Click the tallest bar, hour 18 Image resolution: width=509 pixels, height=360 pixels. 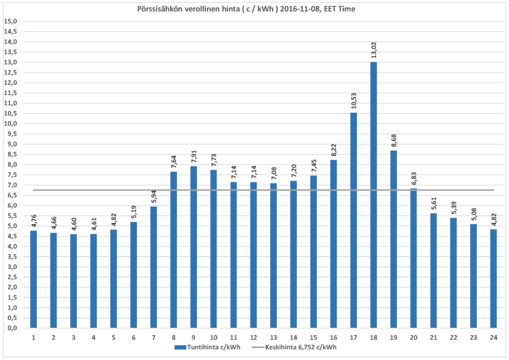(373, 195)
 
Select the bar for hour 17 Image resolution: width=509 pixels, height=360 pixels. (353, 220)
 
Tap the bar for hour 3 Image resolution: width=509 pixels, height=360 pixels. (74, 281)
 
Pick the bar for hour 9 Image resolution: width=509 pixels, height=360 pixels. (193, 247)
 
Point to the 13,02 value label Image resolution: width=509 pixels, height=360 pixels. (374, 49)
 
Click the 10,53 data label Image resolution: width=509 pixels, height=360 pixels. (354, 100)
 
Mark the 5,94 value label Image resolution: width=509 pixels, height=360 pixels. (154, 196)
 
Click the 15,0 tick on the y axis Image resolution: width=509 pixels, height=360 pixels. (11, 22)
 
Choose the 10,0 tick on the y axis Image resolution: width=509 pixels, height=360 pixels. (11, 123)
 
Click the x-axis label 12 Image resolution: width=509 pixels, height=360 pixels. (253, 337)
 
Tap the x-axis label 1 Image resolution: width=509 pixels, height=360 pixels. (34, 337)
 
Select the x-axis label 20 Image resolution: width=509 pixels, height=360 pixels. (413, 337)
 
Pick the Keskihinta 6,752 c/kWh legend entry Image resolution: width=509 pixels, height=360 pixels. (302, 347)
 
